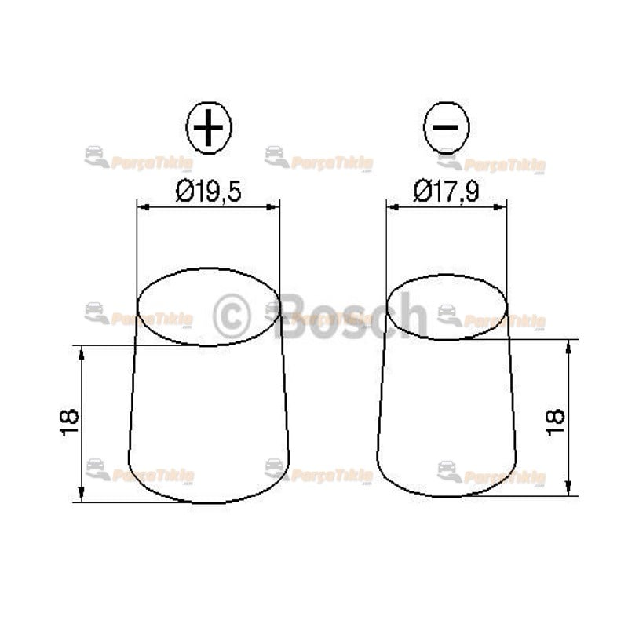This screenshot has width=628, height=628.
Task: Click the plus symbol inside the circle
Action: pyautogui.click(x=209, y=128)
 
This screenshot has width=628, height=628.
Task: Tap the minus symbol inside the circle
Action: pyautogui.click(x=446, y=127)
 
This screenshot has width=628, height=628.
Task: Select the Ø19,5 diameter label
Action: pyautogui.click(x=208, y=191)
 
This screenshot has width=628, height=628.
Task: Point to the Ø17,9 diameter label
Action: pyautogui.click(x=446, y=191)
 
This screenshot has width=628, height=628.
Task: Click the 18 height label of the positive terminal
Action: pyautogui.click(x=70, y=422)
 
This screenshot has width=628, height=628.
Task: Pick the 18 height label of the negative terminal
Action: pyautogui.click(x=555, y=417)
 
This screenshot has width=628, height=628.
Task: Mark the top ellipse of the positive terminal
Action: pyautogui.click(x=209, y=307)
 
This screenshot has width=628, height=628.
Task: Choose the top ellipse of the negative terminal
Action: pyautogui.click(x=447, y=306)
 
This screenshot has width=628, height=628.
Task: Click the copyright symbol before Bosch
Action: pyautogui.click(x=232, y=316)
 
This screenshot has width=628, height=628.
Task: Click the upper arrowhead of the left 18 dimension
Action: pyautogui.click(x=82, y=351)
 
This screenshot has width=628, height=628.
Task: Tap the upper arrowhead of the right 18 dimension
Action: pyautogui.click(x=568, y=345)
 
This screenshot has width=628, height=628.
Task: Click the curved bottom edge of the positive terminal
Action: pyautogui.click(x=209, y=502)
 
